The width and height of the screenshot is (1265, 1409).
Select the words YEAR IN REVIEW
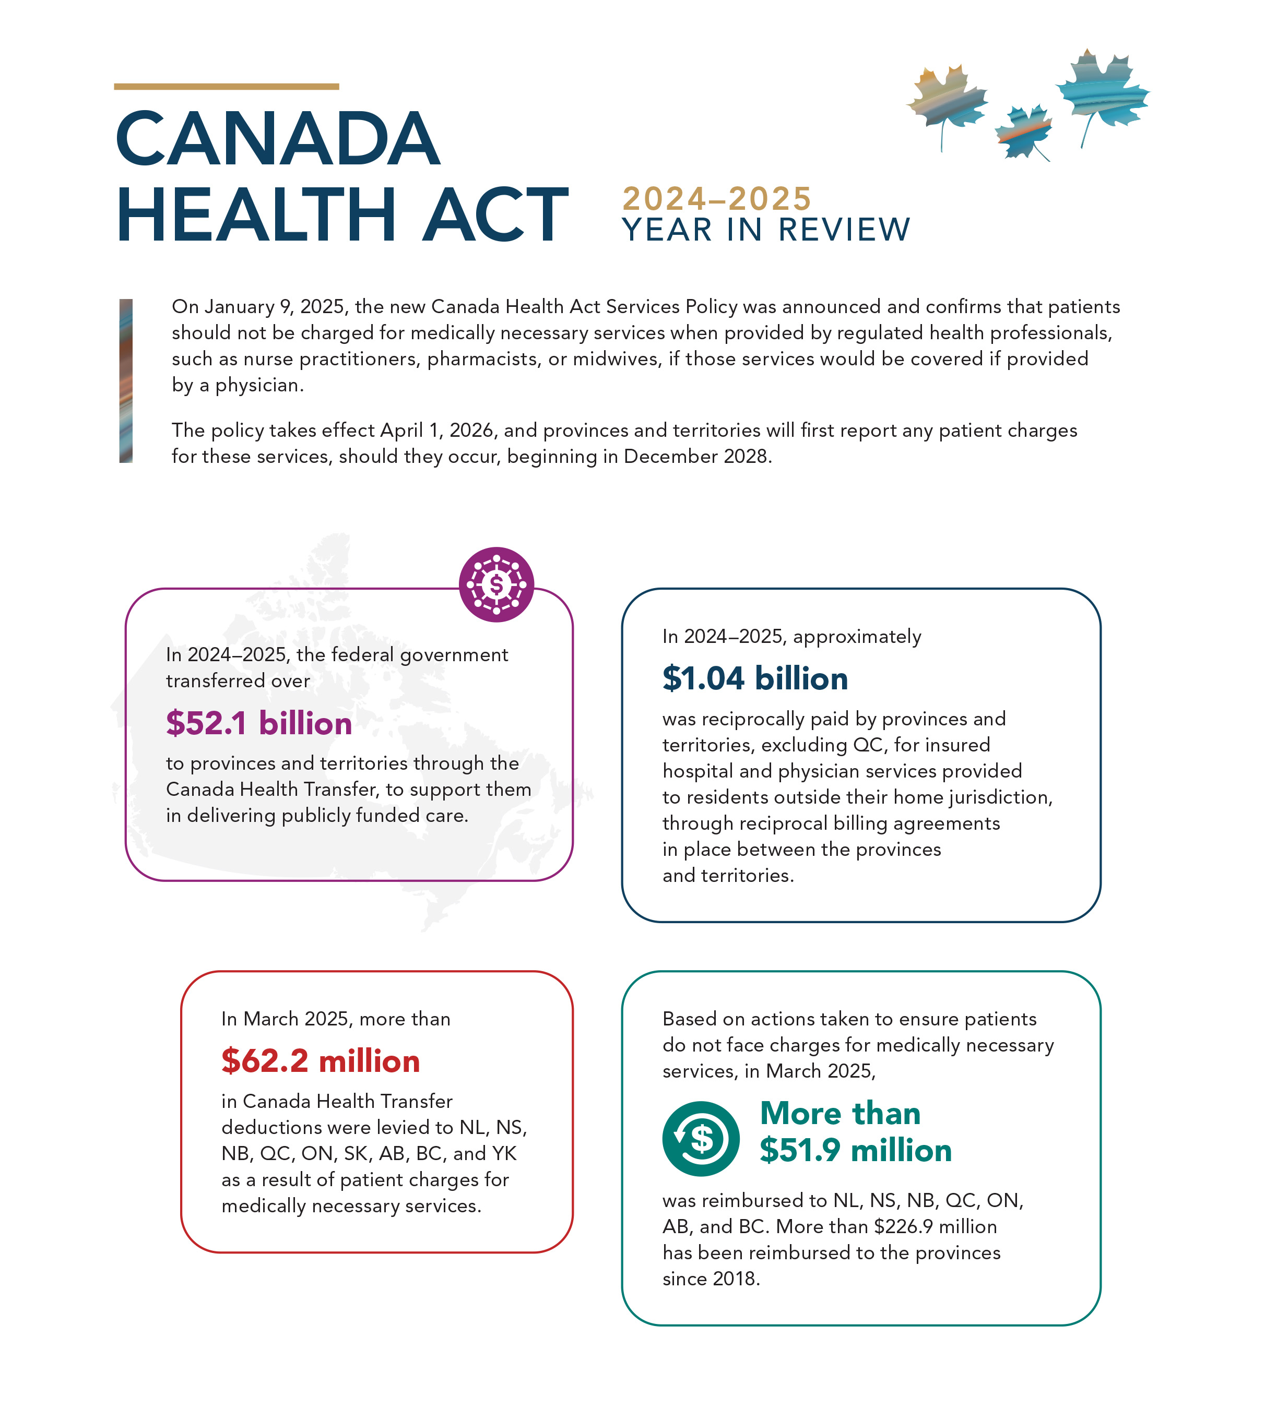[x=765, y=230]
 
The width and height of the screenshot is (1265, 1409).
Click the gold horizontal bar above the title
[x=226, y=87]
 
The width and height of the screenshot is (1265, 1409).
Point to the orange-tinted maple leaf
[x=947, y=101]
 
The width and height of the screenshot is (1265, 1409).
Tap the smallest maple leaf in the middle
[x=1023, y=132]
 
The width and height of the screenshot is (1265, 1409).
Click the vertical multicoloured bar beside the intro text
[x=126, y=381]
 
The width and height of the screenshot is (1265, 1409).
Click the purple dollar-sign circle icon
[x=496, y=584]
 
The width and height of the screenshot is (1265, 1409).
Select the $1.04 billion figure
[x=755, y=678]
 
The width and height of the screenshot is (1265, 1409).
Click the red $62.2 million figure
[x=321, y=1061]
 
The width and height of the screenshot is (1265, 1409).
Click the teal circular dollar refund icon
[x=701, y=1139]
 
